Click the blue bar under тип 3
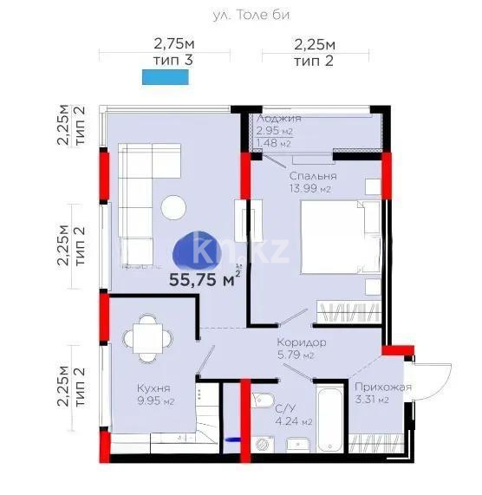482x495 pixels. click(165, 77)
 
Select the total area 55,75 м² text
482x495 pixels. click(205, 279)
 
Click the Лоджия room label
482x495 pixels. click(279, 119)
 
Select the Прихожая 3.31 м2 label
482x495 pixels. click(382, 394)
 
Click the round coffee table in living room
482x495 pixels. click(172, 207)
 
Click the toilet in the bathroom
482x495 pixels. click(262, 404)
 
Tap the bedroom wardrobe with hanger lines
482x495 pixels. click(347, 312)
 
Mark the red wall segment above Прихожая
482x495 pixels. click(398, 350)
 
